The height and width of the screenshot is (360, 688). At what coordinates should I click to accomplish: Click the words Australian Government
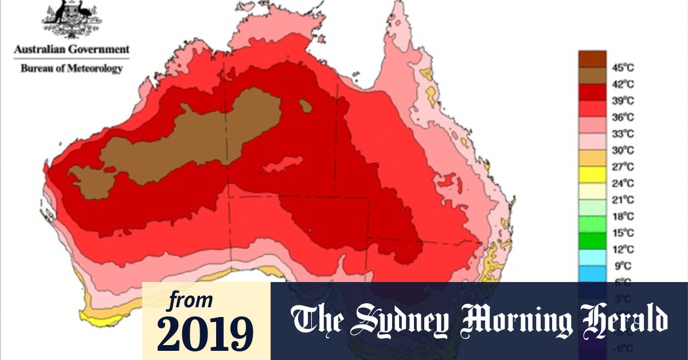pos(72,49)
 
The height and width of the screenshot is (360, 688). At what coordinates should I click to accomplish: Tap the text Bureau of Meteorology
pos(72,68)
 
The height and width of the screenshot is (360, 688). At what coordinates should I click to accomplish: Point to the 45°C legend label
pos(623,68)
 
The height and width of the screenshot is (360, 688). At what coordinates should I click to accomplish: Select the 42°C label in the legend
pos(623,84)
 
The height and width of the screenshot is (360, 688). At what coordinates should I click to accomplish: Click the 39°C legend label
pos(623,101)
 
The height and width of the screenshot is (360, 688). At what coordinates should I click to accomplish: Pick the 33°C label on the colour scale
pos(623,134)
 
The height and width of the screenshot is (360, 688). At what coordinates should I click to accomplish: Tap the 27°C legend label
pos(623,167)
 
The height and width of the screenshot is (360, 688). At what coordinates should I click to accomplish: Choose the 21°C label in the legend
pos(623,200)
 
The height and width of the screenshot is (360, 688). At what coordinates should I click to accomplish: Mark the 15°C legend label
pos(623,233)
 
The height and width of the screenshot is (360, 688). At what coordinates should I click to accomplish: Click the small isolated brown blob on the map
pos(306,105)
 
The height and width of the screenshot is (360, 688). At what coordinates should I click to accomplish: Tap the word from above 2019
pos(190,300)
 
